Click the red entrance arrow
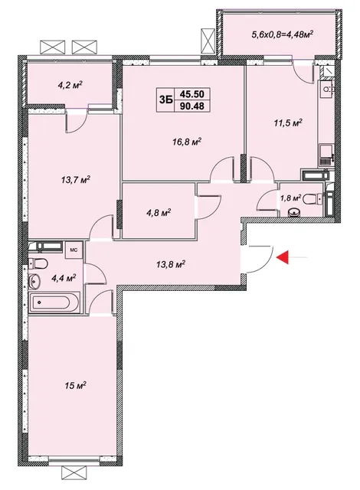[x=282, y=257]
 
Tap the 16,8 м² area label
[x=187, y=142]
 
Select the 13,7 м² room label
[x=76, y=180]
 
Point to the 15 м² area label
[x=76, y=385]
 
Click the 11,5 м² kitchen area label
[x=288, y=122]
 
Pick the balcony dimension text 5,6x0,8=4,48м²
[x=282, y=34]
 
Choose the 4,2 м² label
[x=70, y=84]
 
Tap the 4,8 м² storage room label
[x=158, y=213]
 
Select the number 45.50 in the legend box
[x=192, y=93]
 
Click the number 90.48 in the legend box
[x=192, y=106]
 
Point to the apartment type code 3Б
[x=165, y=100]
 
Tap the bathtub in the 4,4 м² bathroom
[x=54, y=302]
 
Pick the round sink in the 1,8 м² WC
[x=294, y=212]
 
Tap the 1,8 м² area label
[x=291, y=198]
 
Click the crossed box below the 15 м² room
[x=74, y=475]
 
